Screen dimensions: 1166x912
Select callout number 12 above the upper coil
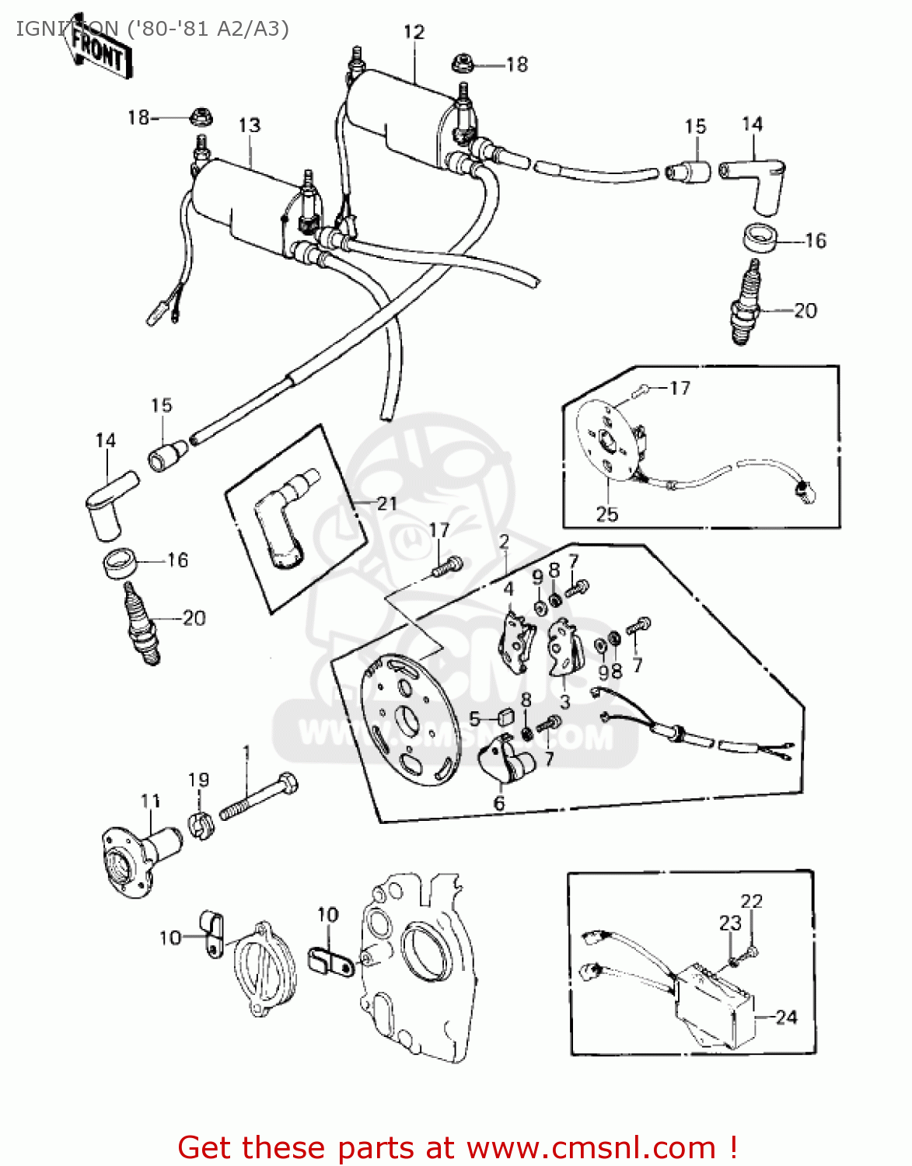[414, 32]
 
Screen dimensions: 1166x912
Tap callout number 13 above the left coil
[249, 125]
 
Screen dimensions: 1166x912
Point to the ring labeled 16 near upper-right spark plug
[760, 238]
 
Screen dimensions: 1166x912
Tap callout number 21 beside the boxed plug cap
[386, 503]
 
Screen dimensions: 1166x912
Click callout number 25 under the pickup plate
[606, 514]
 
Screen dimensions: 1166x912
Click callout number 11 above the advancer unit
[151, 801]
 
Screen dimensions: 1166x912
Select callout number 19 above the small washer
[199, 780]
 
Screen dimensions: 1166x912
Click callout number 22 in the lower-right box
[751, 901]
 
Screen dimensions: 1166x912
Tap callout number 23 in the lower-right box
[730, 923]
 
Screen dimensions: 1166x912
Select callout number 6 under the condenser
[499, 804]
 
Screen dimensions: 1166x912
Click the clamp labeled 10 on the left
[211, 932]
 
